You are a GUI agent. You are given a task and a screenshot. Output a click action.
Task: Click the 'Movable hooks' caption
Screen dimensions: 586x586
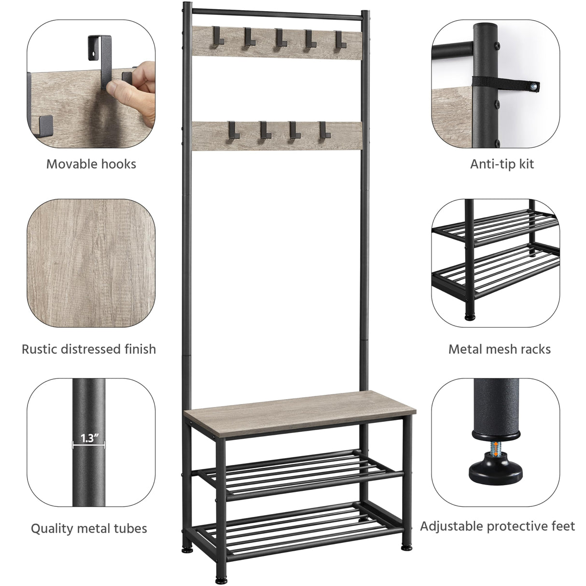(91, 164)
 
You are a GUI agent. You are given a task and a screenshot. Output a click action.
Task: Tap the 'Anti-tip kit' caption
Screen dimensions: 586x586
(502, 164)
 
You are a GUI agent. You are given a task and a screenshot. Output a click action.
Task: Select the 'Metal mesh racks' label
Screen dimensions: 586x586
(499, 349)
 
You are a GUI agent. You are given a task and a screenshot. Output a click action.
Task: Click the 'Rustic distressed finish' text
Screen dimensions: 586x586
(89, 349)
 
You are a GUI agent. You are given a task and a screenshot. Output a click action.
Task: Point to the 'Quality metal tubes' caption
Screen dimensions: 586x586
(89, 529)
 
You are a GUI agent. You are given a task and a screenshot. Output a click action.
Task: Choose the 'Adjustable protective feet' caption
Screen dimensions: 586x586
(497, 526)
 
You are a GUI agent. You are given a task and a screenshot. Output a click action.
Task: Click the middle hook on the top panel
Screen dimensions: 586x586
(278, 38)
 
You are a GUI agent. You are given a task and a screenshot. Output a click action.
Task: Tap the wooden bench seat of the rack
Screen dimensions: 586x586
(299, 410)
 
